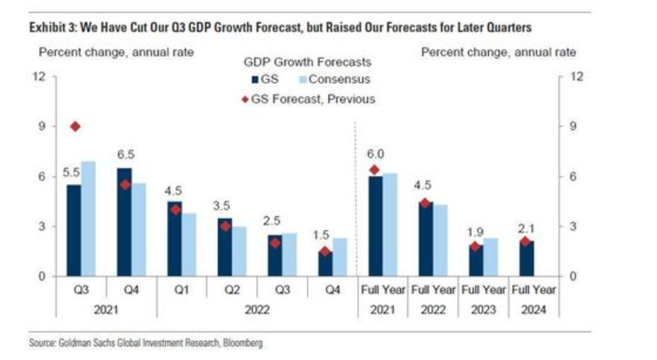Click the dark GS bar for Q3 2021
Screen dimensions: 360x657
[74, 230]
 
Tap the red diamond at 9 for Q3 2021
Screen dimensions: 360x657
[75, 126]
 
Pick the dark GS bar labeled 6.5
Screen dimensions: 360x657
[124, 222]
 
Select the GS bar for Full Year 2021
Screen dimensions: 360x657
[375, 226]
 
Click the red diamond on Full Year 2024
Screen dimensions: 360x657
[525, 241]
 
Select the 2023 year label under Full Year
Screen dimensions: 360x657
[484, 309]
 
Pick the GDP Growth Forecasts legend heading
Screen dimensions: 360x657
[307, 61]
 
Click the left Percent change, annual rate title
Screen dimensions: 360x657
[116, 52]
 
